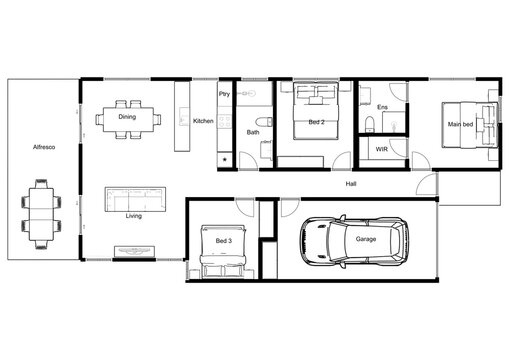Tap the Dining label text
pos(127,117)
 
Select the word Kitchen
pos(203,121)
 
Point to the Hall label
pos(351,185)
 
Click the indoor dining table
pos(127,118)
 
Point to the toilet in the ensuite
pos(370,123)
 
